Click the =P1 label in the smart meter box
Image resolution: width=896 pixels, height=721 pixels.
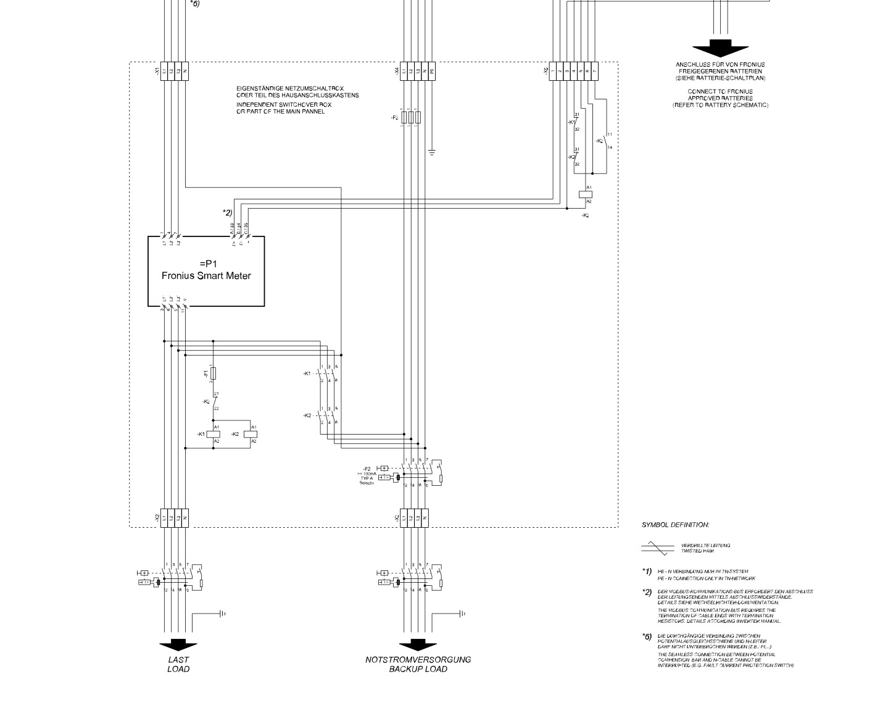click(206, 264)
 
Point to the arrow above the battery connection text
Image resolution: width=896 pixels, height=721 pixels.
click(720, 49)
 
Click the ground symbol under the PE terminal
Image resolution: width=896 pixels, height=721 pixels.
click(432, 152)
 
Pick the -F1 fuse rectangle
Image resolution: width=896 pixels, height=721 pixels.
click(213, 373)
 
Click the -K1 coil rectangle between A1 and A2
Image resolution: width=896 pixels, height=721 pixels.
click(213, 434)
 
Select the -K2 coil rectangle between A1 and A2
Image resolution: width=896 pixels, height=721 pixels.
click(251, 434)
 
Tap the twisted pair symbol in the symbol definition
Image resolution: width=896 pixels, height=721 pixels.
click(657, 547)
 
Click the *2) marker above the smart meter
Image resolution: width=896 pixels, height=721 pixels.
click(227, 213)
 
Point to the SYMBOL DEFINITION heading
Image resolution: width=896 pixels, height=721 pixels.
click(675, 525)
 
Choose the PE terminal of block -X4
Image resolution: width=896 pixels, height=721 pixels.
click(432, 71)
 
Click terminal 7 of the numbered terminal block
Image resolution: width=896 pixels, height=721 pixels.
click(595, 71)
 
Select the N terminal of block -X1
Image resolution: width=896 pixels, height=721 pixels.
click(185, 71)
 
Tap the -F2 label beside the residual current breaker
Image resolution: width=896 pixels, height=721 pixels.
click(366, 469)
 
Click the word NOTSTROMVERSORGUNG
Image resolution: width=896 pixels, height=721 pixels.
click(418, 659)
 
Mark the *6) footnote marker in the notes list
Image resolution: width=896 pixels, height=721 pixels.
click(647, 636)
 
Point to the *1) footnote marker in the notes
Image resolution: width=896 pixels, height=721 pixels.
click(647, 572)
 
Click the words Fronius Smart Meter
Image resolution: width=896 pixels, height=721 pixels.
click(206, 276)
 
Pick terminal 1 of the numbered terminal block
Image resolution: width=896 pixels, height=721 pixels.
click(553, 71)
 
